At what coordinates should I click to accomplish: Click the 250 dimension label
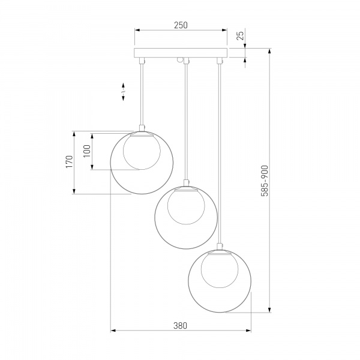(181, 25)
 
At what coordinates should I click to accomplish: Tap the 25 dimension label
(240, 35)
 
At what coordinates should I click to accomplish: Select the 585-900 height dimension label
(265, 181)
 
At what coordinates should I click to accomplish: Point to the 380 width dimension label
(180, 326)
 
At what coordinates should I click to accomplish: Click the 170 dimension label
(70, 161)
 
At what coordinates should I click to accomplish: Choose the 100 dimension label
(87, 151)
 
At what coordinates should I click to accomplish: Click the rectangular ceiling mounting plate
(181, 53)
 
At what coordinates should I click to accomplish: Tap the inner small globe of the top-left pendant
(142, 152)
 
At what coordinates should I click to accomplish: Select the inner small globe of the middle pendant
(186, 206)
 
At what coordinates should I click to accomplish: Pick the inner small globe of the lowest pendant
(220, 270)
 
